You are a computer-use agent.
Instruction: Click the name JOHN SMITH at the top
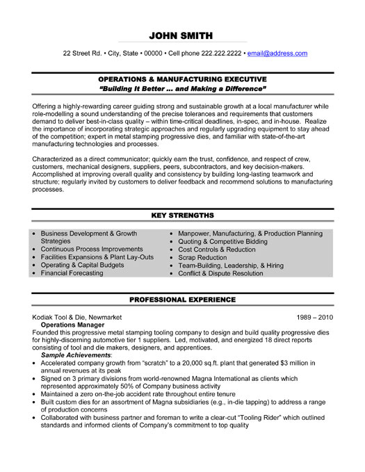tap(182, 35)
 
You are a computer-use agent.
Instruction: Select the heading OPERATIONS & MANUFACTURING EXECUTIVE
tap(182, 80)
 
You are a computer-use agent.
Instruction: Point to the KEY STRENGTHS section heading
tap(182, 215)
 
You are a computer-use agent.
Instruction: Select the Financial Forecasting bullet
tap(72, 273)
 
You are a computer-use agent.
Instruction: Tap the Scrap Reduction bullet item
tap(203, 257)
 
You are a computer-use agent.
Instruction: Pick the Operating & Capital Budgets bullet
tap(82, 265)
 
